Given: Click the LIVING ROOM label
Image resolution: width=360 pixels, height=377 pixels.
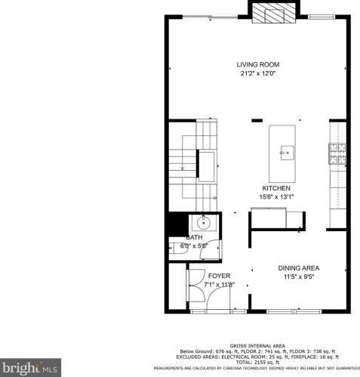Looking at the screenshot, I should (255, 65).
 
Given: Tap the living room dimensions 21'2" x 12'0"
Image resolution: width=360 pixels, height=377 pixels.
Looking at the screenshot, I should (255, 74).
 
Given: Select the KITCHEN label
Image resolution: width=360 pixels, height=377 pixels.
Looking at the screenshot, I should (276, 188).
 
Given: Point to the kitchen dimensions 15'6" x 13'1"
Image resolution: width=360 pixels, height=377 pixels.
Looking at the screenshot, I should (276, 197).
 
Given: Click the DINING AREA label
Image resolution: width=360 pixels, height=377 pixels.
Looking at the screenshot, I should (300, 268).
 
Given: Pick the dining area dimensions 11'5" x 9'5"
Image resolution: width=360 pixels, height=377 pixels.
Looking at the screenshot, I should (300, 277).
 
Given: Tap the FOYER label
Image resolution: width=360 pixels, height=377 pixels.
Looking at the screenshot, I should (219, 276).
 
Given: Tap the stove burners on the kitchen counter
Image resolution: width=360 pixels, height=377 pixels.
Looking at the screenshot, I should (337, 153).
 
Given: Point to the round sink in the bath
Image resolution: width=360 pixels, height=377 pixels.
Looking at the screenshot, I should (204, 223).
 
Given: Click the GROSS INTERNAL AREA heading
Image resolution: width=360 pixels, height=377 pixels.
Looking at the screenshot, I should (258, 344).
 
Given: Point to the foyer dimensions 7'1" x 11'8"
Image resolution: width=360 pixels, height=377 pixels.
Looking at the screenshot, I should (219, 285).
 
